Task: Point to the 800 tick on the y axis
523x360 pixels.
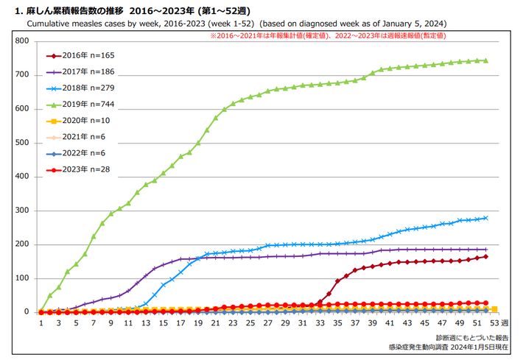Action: click(x=22, y=41)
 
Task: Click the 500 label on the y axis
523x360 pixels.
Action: click(x=22, y=143)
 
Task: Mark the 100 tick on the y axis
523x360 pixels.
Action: click(x=22, y=278)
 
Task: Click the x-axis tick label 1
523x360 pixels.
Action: click(x=41, y=322)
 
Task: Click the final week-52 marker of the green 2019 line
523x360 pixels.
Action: click(x=485, y=60)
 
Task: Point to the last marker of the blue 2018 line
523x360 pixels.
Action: click(x=485, y=218)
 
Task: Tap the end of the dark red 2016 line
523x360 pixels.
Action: click(x=485, y=256)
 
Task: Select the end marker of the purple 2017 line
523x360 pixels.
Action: click(x=485, y=249)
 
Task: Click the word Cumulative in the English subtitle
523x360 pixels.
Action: click(x=52, y=24)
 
